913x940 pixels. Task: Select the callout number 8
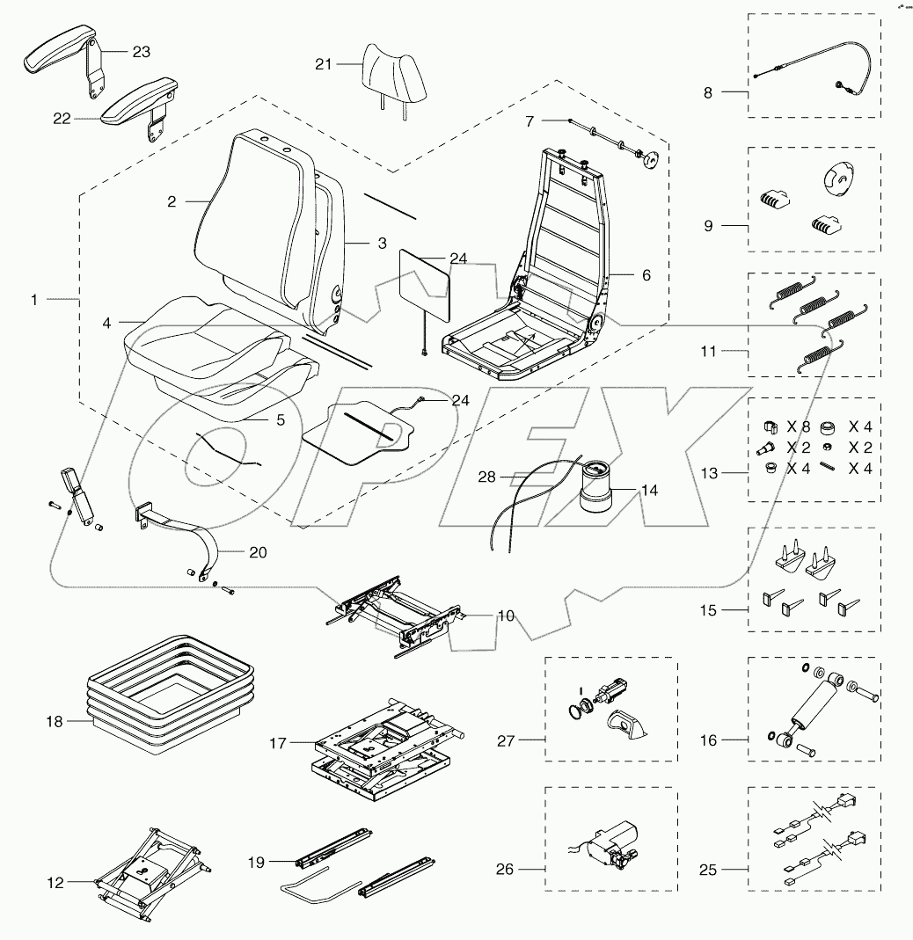click(x=708, y=91)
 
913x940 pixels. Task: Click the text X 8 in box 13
click(x=798, y=426)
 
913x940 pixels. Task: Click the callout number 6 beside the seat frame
click(x=646, y=275)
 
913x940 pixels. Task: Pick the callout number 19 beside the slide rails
click(x=256, y=862)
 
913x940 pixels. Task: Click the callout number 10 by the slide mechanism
click(x=506, y=616)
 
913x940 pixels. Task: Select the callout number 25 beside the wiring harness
click(x=707, y=871)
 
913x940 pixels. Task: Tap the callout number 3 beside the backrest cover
click(x=382, y=244)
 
